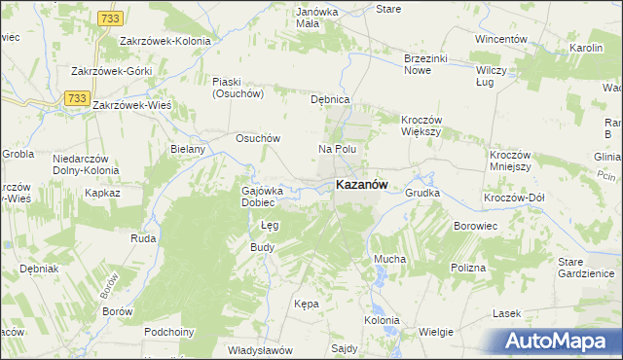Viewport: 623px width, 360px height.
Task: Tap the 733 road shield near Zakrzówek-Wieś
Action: click(77, 98)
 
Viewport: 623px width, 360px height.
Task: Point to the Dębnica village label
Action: click(329, 100)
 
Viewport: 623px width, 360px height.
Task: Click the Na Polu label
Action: click(338, 149)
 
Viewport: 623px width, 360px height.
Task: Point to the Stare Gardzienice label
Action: click(583, 268)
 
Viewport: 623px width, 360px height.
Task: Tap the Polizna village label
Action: click(467, 267)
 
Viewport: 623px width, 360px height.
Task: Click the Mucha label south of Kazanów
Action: click(389, 259)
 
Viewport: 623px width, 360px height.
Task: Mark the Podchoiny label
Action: click(169, 332)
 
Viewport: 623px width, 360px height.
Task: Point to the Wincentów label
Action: click(500, 39)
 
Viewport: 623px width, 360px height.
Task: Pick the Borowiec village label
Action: click(476, 226)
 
